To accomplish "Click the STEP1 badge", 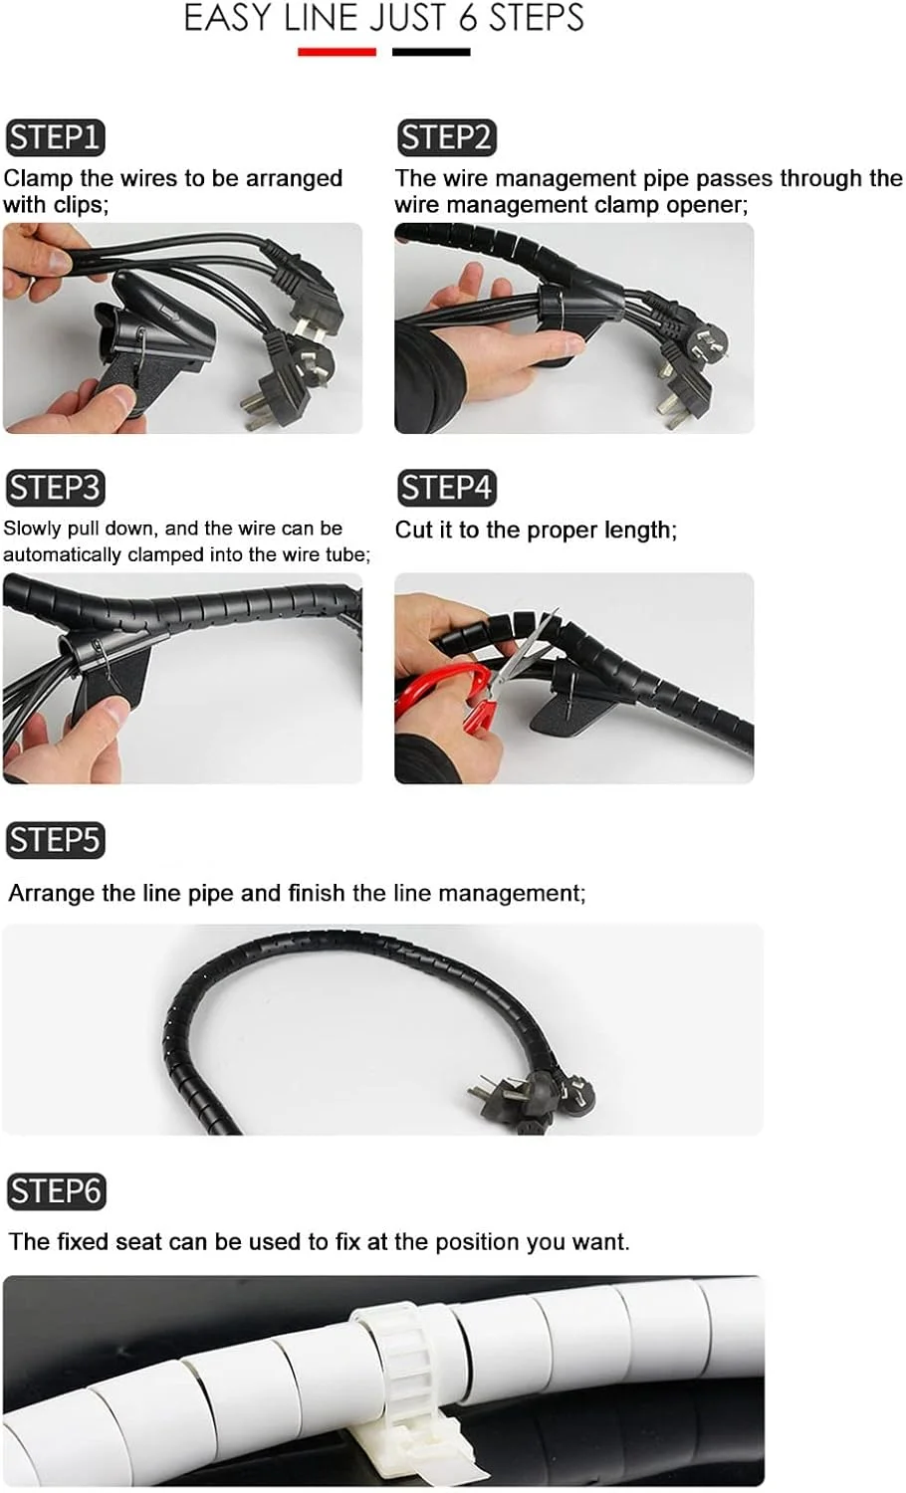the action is (x=56, y=137).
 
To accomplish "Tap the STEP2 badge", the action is (x=447, y=137).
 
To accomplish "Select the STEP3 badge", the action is (x=56, y=488).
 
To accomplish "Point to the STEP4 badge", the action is (x=447, y=488).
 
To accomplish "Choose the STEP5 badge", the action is (x=56, y=840).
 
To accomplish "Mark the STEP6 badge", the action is (x=56, y=1191).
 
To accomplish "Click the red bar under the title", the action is (x=337, y=52).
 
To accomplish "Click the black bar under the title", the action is (x=431, y=52).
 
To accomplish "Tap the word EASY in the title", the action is (x=228, y=19).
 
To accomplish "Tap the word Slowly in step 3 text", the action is (x=32, y=529).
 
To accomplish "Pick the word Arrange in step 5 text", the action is (x=52, y=894).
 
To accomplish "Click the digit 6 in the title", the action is (x=469, y=19).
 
